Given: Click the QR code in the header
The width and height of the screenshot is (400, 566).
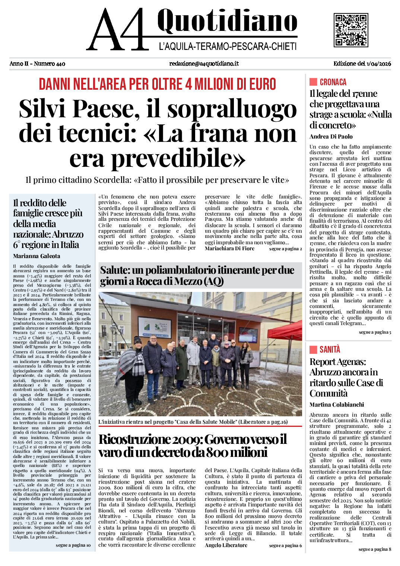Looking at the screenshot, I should pyautogui.click(x=350, y=30).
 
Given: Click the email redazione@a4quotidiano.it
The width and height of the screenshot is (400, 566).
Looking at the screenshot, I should pyautogui.click(x=204, y=64).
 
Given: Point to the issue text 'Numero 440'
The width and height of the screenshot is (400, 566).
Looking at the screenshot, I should pyautogui.click(x=50, y=64).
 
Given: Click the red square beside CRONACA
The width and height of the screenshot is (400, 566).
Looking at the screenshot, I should pyautogui.click(x=313, y=82).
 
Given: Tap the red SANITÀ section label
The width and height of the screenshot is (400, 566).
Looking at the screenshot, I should pyautogui.click(x=330, y=349).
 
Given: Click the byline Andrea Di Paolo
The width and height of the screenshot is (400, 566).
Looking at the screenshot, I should pyautogui.click(x=331, y=137).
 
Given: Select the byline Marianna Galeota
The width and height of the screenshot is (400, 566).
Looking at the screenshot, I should pyautogui.click(x=36, y=256).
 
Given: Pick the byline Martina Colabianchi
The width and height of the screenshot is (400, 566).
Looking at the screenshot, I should pyautogui.click(x=337, y=405).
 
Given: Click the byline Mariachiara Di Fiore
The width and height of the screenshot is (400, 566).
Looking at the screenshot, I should pyautogui.click(x=229, y=248).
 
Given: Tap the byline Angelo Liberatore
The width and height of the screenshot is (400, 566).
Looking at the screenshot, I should pyautogui.click(x=226, y=545).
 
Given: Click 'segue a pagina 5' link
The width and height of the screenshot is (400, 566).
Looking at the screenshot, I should pyautogui.click(x=375, y=332).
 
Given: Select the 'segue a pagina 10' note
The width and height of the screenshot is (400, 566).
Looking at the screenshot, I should pyautogui.click(x=73, y=545).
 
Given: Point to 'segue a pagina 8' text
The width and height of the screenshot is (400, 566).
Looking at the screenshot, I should pyautogui.click(x=375, y=549).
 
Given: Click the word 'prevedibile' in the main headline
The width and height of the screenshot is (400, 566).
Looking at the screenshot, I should pyautogui.click(x=178, y=158).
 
